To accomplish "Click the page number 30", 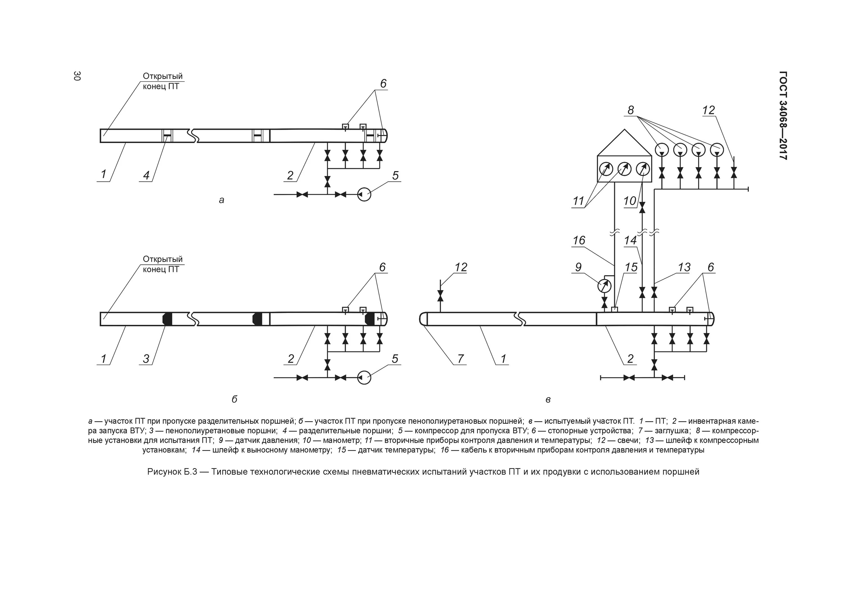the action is click(x=77, y=76).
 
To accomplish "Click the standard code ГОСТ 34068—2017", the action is click(x=783, y=115).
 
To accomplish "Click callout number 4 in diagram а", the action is click(x=146, y=176).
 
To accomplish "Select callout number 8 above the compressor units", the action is click(x=631, y=110).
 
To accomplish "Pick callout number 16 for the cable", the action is click(x=579, y=240).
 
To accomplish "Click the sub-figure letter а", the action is click(x=221, y=200).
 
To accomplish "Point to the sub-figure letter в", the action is click(x=548, y=400).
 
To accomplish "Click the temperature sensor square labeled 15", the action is click(x=614, y=309).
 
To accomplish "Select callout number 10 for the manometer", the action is click(x=630, y=201).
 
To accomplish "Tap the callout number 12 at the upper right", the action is click(x=708, y=110).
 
